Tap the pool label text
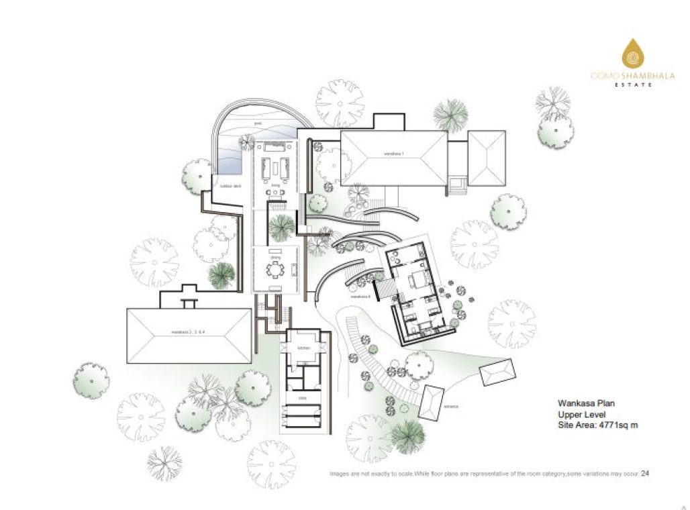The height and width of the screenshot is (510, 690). [x=258, y=124]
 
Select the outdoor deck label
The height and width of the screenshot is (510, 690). [x=230, y=186]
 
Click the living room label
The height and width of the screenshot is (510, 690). [x=275, y=185]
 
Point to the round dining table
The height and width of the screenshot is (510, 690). [x=275, y=270]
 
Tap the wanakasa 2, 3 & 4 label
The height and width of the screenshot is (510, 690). [x=186, y=333]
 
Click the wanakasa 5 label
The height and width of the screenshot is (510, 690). [x=360, y=296]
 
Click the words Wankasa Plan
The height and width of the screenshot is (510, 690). [x=586, y=403]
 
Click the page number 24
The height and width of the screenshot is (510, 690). [x=645, y=473]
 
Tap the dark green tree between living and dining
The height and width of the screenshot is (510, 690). [x=281, y=227]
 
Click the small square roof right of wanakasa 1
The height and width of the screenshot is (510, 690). [x=487, y=157]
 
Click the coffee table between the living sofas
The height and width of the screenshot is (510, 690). [x=275, y=164]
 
